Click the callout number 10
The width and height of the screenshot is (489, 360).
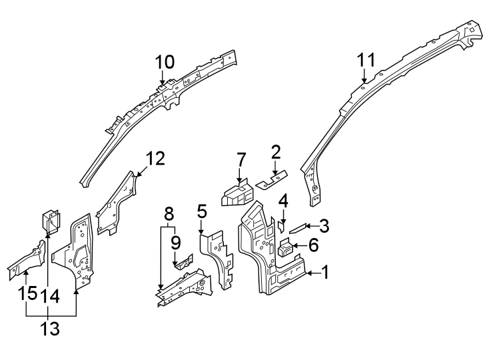click(165, 63)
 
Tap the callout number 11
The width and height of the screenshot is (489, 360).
click(366, 60)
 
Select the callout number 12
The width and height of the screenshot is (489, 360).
click(155, 159)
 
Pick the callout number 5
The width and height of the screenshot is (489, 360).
click(203, 212)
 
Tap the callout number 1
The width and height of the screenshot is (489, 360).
click(325, 272)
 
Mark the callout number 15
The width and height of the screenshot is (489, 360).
click(27, 293)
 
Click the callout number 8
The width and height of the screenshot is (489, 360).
click(169, 214)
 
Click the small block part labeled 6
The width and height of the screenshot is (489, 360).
click(285, 249)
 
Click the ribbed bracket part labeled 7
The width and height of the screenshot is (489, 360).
click(237, 193)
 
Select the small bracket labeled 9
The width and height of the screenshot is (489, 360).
click(181, 261)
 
